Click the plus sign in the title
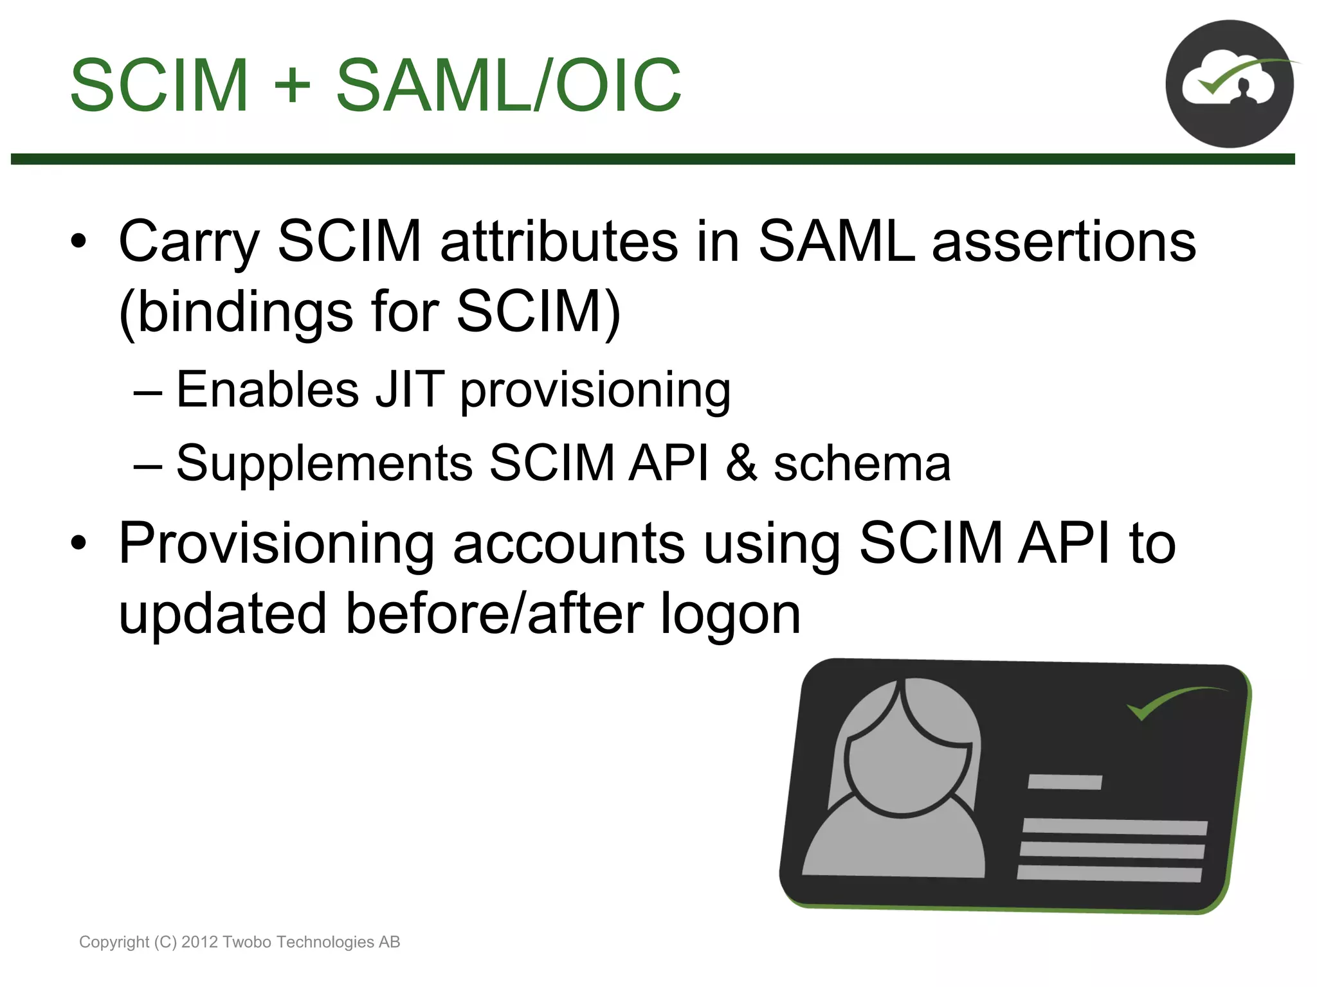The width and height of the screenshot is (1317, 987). pos(292,85)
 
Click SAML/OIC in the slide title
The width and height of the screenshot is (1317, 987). pos(508,85)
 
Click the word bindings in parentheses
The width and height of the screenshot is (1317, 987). pos(245,312)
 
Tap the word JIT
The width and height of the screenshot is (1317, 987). pos(410,389)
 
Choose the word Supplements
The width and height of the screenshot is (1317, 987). pos(324,463)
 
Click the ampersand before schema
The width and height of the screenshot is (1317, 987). pos(741,463)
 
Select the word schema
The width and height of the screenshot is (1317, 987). pos(862,463)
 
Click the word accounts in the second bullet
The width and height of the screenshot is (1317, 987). pos(568,544)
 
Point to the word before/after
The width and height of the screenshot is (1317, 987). pos(495,613)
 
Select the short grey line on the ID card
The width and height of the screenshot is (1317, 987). pos(1064,782)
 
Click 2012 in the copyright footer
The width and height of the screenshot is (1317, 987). pos(200,942)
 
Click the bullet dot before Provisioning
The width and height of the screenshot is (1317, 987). pos(78,544)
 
